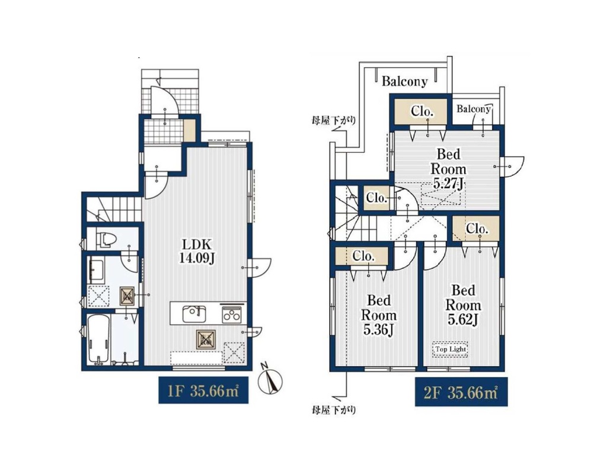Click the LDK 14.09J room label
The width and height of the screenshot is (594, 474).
(197, 251)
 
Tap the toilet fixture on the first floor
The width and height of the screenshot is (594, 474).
(106, 239)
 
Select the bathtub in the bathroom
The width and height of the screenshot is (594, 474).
(98, 340)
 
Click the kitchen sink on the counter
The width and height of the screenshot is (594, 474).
(194, 314)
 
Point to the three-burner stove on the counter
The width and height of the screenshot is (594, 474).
(231, 313)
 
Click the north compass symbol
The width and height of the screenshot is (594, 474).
(270, 380)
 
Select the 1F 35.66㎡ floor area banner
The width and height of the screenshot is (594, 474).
(203, 390)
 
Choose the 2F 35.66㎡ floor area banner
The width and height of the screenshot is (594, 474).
(461, 392)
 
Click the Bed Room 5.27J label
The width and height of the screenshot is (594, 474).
(448, 169)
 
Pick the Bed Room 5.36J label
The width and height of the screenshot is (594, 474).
(379, 315)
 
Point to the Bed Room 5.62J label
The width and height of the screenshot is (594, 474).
(464, 305)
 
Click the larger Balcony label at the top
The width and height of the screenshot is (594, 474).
(404, 81)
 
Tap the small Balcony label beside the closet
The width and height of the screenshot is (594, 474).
(474, 109)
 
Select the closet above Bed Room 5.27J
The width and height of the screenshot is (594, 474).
(421, 111)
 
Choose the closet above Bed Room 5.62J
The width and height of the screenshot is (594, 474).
(476, 229)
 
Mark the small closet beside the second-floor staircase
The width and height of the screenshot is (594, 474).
(376, 198)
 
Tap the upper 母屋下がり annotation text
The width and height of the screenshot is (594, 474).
(334, 121)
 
